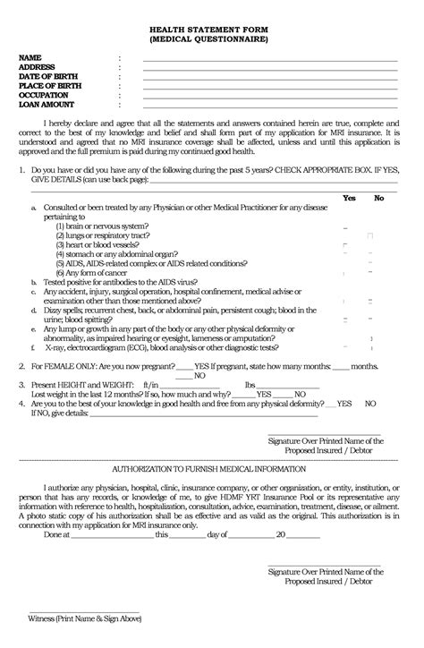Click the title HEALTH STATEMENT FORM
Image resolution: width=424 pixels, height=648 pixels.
[211, 30]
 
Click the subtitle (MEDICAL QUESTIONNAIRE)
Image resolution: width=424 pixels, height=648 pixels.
[211, 40]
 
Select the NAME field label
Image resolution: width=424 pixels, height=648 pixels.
[30, 58]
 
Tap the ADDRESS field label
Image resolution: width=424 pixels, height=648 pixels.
[38, 67]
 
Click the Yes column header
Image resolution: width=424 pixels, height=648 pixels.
[349, 198]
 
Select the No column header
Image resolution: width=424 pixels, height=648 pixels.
[378, 198]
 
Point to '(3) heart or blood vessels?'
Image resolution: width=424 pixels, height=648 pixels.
[98, 244]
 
